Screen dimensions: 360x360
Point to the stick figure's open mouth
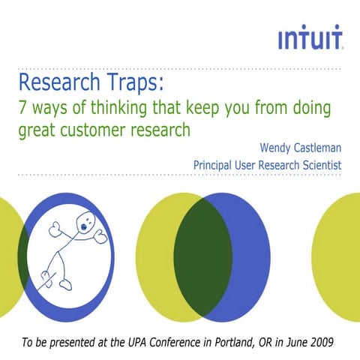point(84,223)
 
